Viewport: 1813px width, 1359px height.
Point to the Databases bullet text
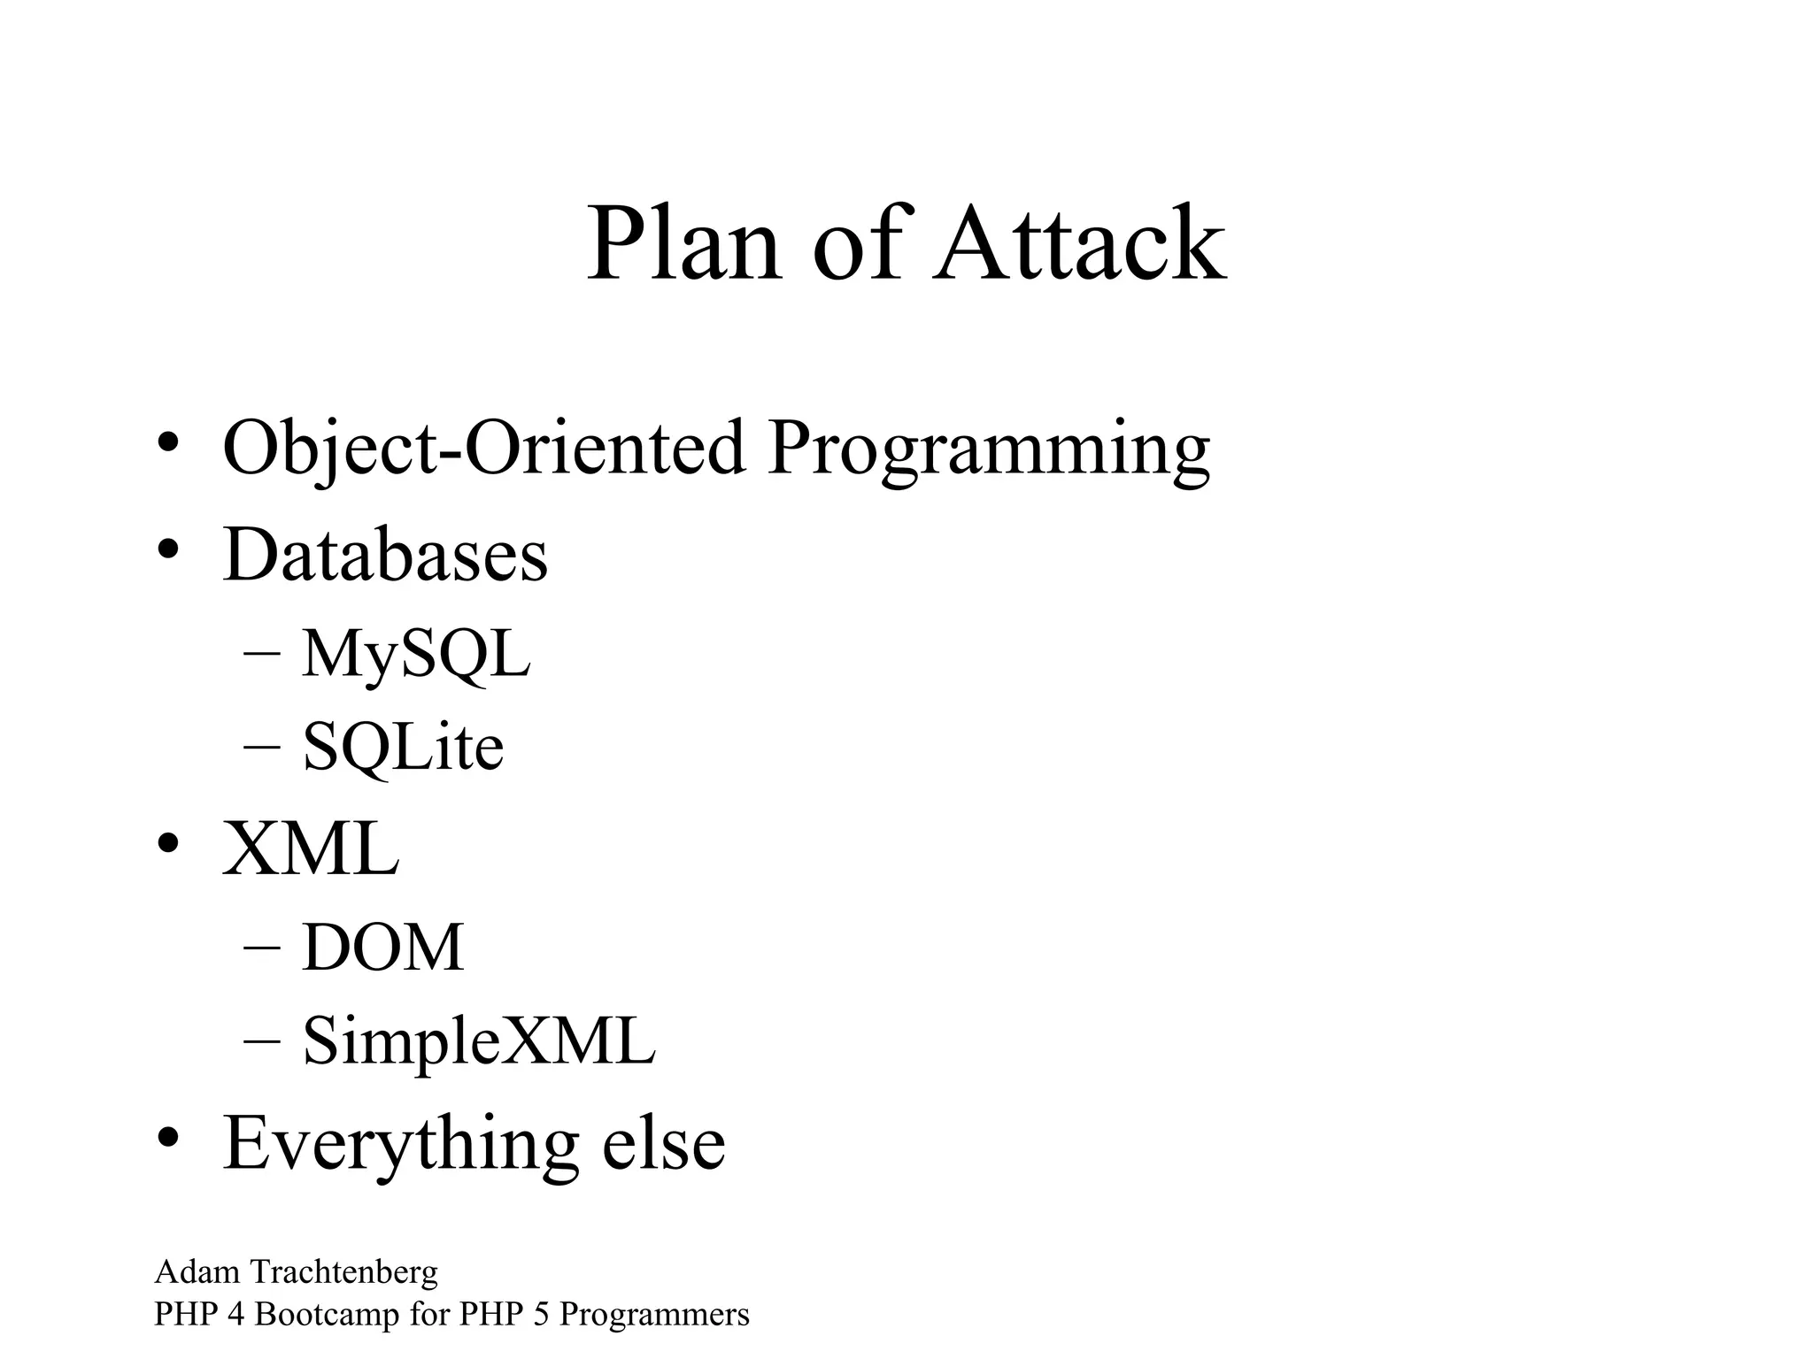point(385,555)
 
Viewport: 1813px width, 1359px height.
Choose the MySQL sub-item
point(416,655)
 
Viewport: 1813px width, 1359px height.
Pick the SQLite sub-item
point(403,747)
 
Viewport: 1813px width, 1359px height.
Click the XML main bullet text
point(311,848)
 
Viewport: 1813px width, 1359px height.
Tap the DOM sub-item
point(382,948)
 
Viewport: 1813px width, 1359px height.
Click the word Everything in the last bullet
point(401,1144)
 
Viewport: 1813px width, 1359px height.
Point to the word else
point(663,1142)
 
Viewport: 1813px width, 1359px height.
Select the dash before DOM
point(261,947)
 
